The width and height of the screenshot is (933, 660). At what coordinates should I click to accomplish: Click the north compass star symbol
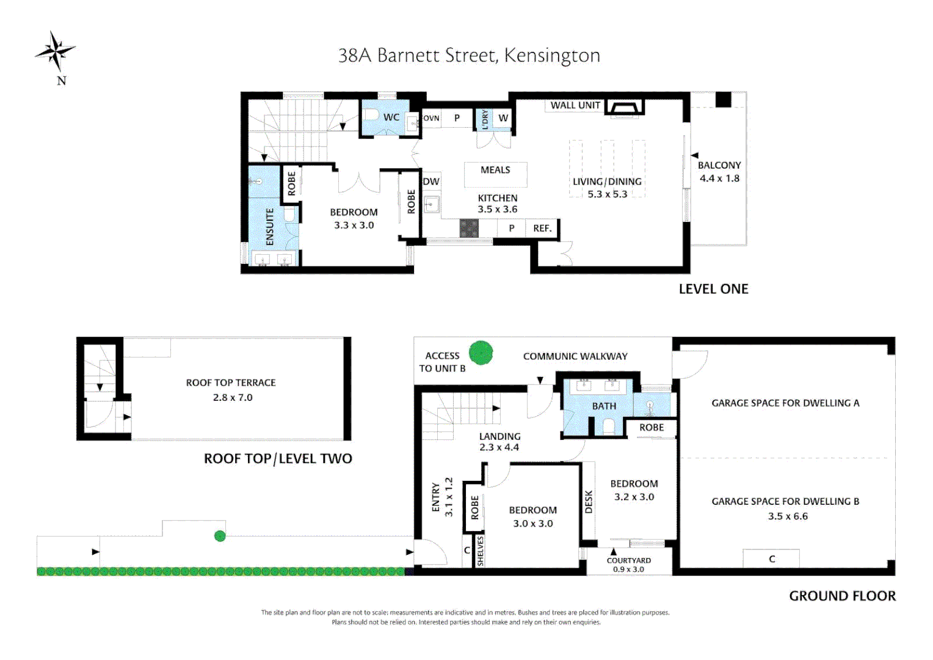(x=56, y=51)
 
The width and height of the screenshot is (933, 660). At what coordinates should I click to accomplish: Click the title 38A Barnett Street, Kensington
(x=469, y=56)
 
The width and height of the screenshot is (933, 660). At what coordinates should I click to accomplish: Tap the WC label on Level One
(x=391, y=117)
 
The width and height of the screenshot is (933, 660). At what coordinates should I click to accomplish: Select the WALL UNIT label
(x=575, y=105)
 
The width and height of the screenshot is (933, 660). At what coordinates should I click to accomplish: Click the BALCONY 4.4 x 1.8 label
(x=719, y=172)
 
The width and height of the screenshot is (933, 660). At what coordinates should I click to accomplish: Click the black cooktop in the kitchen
(x=469, y=228)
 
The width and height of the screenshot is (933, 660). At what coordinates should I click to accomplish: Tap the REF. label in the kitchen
(x=542, y=228)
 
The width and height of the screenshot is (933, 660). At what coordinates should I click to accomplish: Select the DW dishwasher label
(x=431, y=182)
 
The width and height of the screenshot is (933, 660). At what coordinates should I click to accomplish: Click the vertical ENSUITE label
(x=270, y=227)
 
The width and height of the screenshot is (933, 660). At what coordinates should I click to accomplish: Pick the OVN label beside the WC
(x=431, y=118)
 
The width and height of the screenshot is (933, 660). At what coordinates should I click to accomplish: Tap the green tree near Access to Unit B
(x=481, y=353)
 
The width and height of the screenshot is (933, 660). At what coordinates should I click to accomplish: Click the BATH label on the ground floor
(x=604, y=406)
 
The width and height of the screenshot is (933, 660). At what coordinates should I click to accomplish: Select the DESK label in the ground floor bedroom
(x=589, y=502)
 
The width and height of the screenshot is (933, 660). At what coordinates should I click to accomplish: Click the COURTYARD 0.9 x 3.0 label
(x=628, y=565)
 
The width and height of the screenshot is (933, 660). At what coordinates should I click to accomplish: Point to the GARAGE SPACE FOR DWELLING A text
(x=785, y=403)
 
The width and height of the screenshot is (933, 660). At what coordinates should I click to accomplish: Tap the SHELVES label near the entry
(x=480, y=551)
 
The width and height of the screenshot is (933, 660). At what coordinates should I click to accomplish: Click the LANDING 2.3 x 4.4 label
(x=499, y=441)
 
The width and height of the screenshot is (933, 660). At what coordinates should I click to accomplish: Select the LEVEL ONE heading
(x=713, y=289)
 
